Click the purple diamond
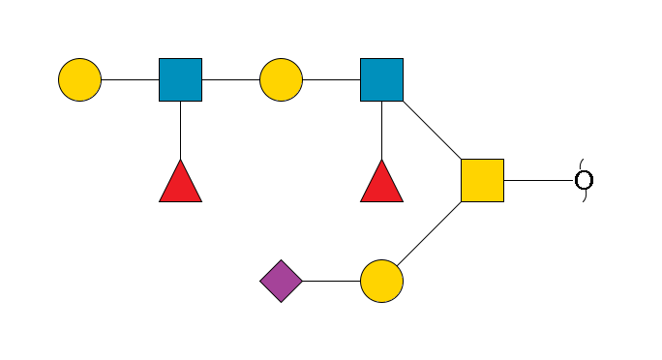(x=281, y=281)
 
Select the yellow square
(x=482, y=180)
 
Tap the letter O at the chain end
(x=584, y=180)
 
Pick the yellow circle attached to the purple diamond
(x=381, y=281)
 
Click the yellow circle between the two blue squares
(x=281, y=79)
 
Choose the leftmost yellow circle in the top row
(x=79, y=79)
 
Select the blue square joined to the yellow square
(x=381, y=79)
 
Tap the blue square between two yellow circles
(x=180, y=79)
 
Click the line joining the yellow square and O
(x=538, y=180)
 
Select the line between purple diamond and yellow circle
(x=331, y=281)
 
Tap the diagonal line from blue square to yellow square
(x=432, y=130)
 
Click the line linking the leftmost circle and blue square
(x=130, y=79)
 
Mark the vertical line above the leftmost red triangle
(x=180, y=130)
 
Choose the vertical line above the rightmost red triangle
(x=381, y=130)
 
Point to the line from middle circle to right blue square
(x=331, y=79)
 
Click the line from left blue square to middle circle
(x=230, y=79)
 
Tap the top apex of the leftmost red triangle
(x=180, y=161)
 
